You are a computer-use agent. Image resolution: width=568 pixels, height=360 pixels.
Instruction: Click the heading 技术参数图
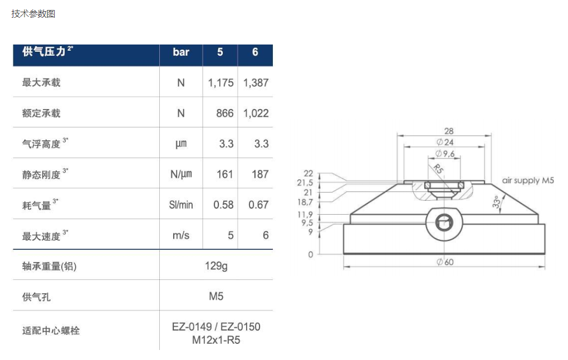(33, 14)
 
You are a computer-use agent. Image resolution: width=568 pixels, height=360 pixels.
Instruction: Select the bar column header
(181, 52)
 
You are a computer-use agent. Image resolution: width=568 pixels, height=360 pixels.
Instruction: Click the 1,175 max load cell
(221, 83)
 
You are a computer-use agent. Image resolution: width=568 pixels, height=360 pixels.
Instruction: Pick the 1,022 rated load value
(256, 114)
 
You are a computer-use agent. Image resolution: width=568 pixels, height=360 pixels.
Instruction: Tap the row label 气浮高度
(41, 144)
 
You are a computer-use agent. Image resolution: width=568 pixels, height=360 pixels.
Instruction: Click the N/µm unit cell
(181, 174)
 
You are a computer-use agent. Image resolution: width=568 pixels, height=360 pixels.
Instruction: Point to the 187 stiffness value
(260, 174)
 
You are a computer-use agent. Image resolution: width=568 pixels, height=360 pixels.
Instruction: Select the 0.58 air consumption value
(223, 205)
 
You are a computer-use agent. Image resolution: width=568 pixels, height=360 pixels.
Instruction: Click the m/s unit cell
(181, 235)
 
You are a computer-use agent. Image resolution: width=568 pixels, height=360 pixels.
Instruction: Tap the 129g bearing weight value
(216, 266)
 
